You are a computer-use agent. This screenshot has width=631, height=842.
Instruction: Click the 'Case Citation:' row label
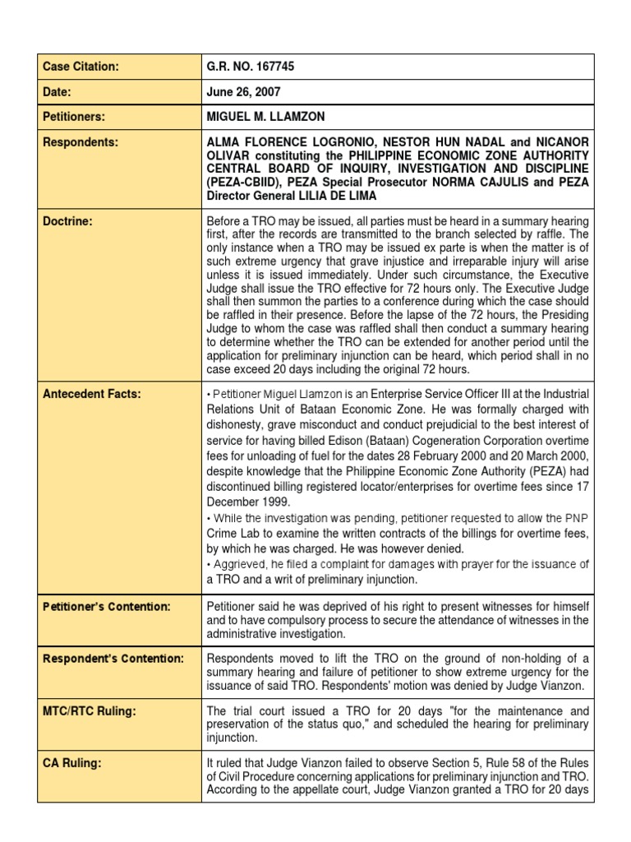click(x=81, y=67)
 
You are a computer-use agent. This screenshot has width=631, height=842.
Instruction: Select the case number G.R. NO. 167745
click(x=256, y=67)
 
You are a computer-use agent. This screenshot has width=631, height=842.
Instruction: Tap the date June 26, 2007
click(x=245, y=92)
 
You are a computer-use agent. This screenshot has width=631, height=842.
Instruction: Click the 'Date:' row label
click(x=59, y=92)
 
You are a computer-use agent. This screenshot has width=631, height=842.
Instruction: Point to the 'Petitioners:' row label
click(x=74, y=118)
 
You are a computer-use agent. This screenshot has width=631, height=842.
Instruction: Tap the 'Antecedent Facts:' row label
click(x=91, y=394)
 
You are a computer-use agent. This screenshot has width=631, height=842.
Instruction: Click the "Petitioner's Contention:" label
click(x=107, y=607)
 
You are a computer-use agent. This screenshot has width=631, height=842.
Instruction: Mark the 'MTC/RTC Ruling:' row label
click(x=86, y=710)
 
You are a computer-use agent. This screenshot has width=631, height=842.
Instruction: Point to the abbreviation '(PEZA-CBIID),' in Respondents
click(x=246, y=183)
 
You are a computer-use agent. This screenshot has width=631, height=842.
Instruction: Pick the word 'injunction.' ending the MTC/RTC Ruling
click(x=235, y=737)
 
